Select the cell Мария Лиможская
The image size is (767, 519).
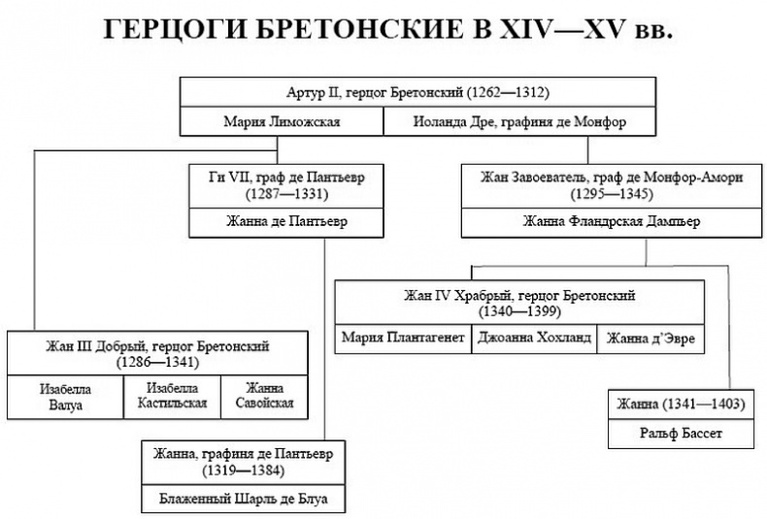(280, 122)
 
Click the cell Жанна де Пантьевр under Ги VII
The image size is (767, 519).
(279, 220)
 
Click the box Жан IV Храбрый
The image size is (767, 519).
(520, 303)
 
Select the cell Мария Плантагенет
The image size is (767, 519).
(404, 339)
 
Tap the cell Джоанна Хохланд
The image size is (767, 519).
(531, 339)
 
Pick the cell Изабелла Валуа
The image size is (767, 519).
(63, 397)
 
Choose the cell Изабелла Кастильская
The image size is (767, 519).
(171, 397)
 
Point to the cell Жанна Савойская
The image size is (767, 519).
(256, 397)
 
